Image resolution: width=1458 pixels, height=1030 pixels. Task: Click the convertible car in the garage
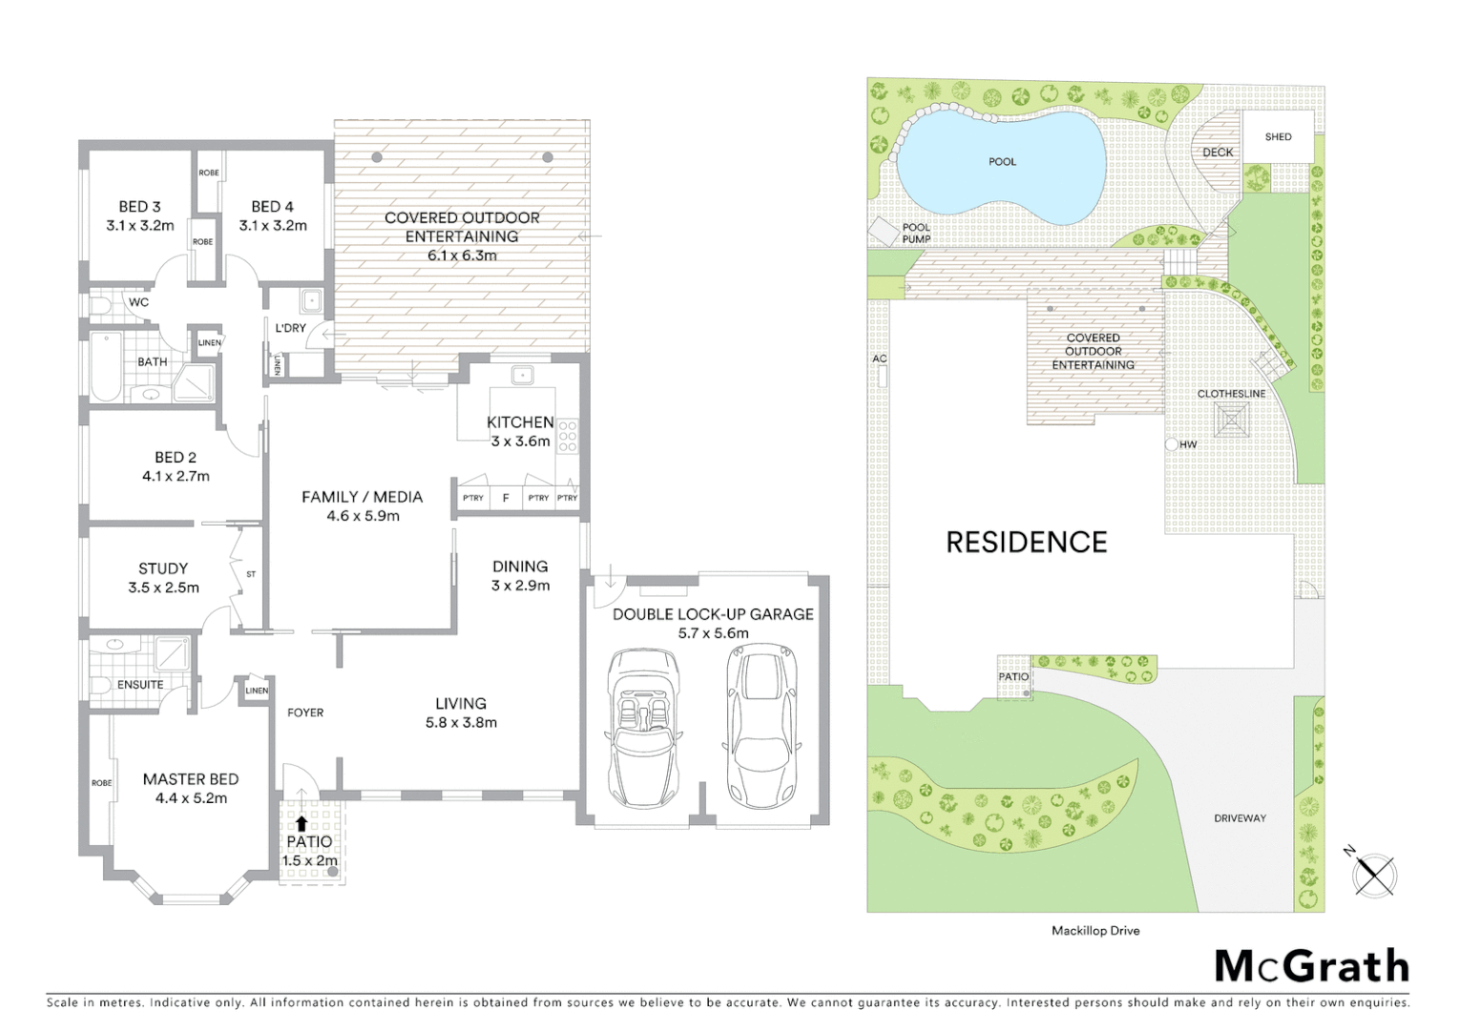pos(642,727)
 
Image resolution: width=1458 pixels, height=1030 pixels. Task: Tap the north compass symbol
pos(1374,873)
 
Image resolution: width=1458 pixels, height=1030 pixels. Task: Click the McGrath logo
pos(1311,966)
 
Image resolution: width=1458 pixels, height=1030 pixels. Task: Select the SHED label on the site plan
pos(1278,136)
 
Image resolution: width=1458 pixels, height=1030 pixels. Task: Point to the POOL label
pos(1002,161)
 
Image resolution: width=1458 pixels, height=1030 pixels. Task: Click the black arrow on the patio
pos(302,823)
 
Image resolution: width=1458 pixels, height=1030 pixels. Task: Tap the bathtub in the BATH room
pos(105,366)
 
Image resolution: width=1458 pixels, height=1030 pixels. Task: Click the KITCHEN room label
pos(520,422)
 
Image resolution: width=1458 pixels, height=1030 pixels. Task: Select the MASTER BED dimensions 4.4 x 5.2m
pos(191,798)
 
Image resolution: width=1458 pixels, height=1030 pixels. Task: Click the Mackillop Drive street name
pos(1095,930)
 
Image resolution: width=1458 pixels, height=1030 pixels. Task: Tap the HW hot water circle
pos(1172,444)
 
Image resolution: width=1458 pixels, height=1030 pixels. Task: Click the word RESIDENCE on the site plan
pos(1026,542)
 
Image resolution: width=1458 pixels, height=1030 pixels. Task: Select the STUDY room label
pos(163,567)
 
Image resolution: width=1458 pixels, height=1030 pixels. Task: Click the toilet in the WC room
pos(103,304)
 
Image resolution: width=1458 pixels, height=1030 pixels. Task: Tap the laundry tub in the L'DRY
pos(311,302)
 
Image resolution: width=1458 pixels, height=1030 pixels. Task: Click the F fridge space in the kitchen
pos(506,498)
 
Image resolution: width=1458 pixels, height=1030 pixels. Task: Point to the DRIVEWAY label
pos(1239,818)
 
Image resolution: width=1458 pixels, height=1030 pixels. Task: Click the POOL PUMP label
pos(916,234)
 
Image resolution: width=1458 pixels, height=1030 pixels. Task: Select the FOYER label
pos(305,712)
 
